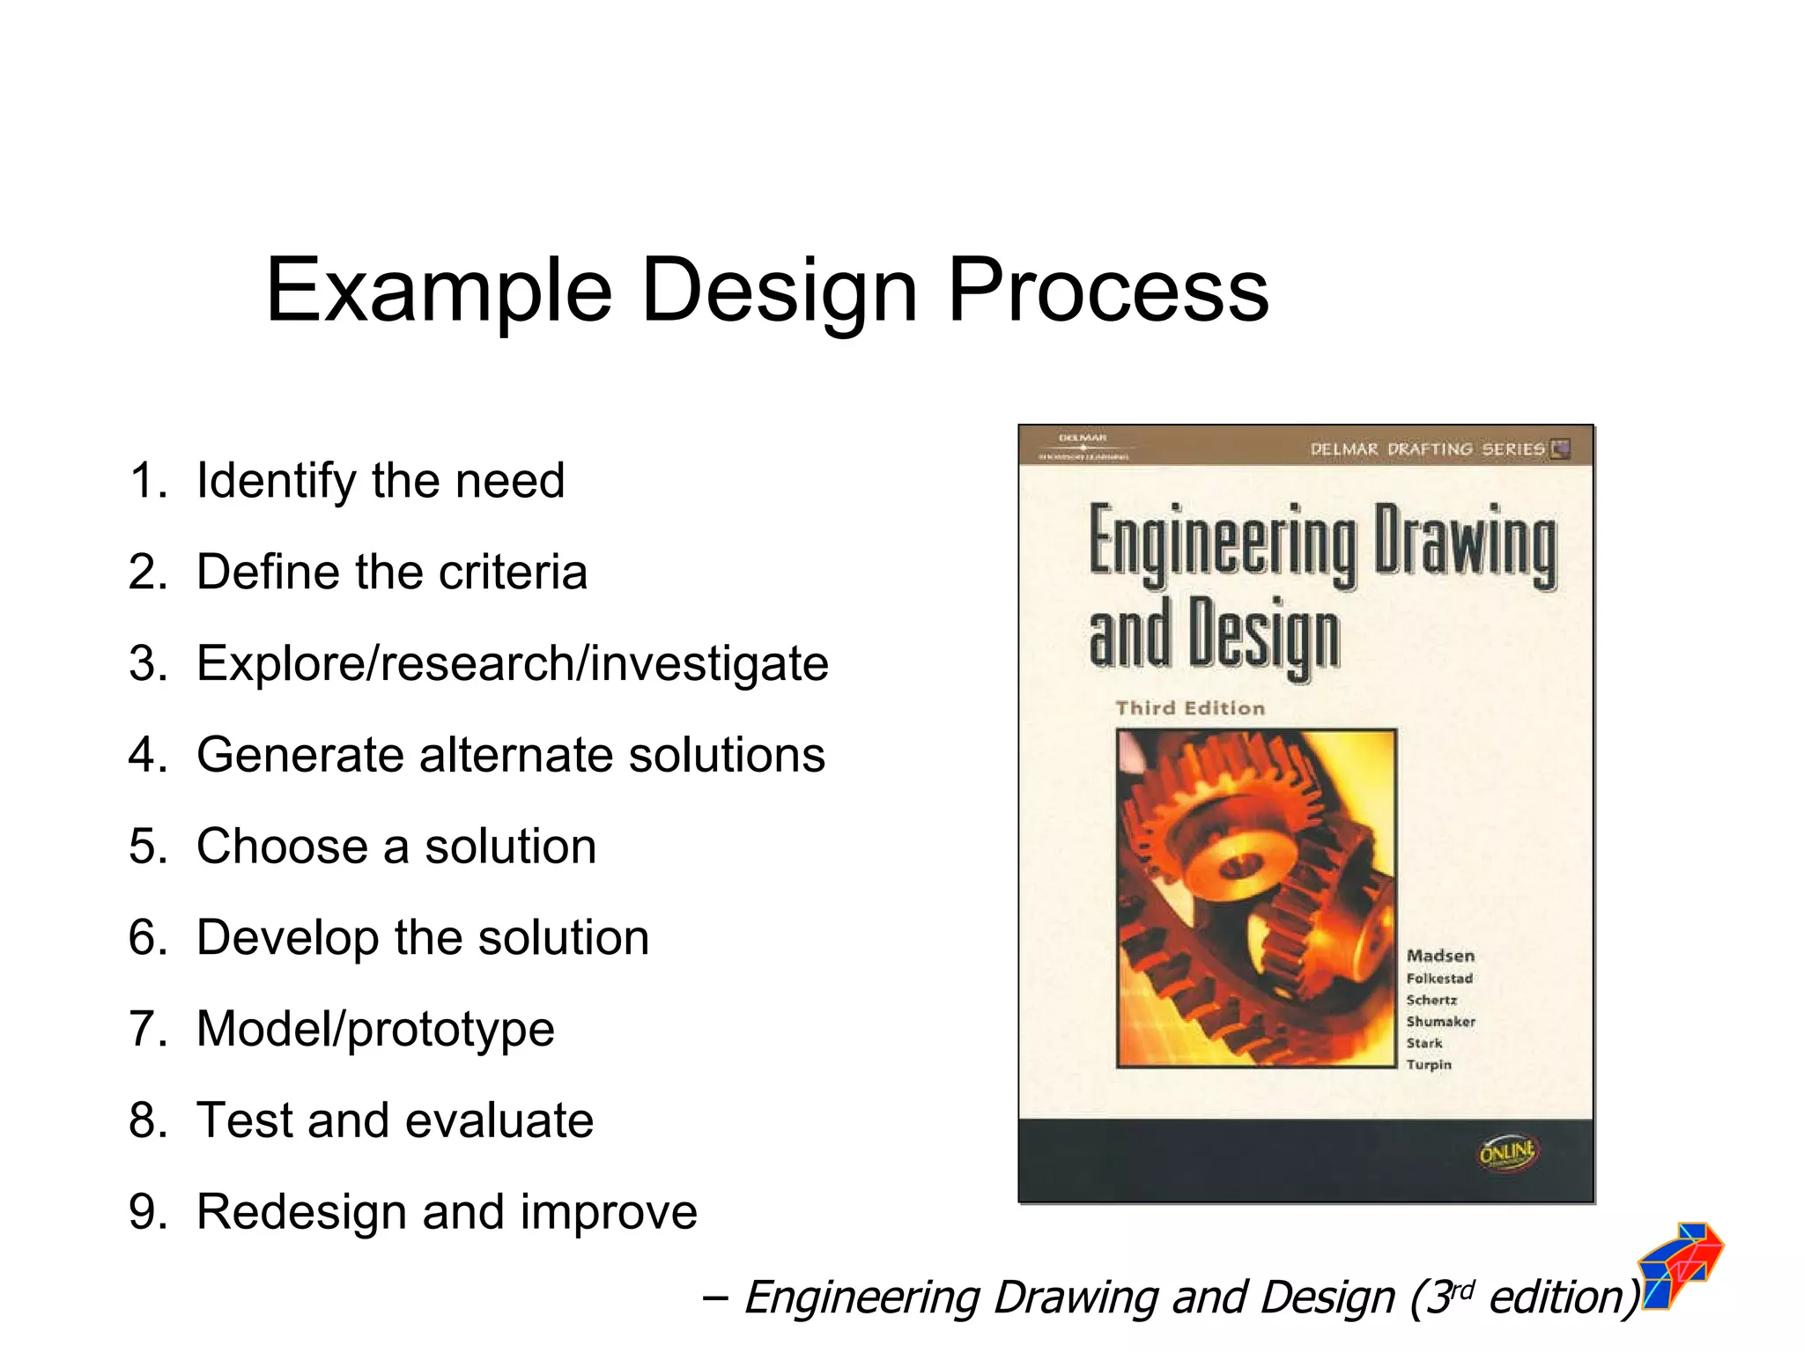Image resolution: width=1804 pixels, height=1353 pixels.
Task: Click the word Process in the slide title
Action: tap(1107, 291)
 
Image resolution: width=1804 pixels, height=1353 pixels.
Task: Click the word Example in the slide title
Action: tap(439, 291)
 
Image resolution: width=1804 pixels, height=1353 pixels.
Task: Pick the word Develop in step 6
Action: tap(288, 938)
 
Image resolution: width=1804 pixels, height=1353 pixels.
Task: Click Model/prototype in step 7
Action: tap(375, 1030)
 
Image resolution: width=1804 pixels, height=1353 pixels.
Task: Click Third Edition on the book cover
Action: tap(1190, 708)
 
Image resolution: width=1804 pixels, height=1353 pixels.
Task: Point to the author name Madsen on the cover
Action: tap(1440, 956)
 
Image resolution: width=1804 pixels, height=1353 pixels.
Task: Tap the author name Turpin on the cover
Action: tap(1429, 1065)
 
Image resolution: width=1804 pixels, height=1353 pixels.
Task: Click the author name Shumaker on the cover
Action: tap(1440, 1022)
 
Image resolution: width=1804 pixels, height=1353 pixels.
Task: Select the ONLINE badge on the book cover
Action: tap(1507, 1152)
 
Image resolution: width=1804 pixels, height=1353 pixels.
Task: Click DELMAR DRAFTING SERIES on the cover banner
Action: tap(1427, 449)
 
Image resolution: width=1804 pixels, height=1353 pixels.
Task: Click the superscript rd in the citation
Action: tap(1462, 1290)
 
